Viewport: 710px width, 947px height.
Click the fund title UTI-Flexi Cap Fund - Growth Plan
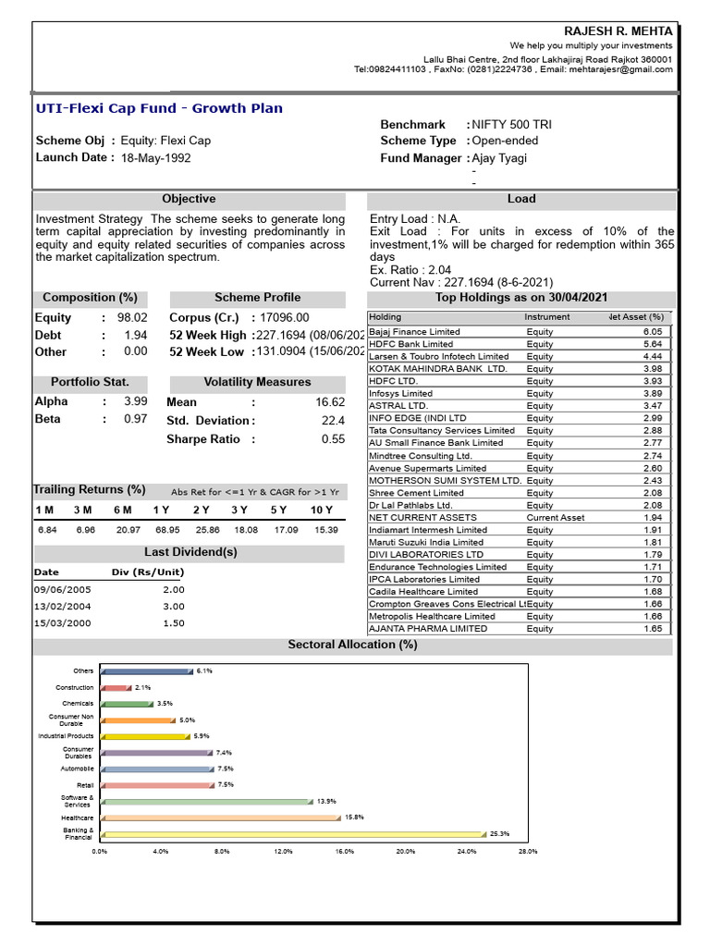159,108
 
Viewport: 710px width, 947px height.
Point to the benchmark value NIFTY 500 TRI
513,124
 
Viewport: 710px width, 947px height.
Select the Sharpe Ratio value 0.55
333,439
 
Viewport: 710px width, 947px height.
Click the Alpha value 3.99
135,401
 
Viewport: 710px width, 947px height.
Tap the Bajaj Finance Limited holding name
414,331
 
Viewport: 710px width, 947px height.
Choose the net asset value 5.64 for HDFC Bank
653,344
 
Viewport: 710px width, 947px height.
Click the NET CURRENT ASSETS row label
422,518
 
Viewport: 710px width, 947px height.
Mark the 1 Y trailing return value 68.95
167,530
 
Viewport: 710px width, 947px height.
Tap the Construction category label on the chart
75,687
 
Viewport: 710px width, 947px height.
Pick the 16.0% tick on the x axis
344,852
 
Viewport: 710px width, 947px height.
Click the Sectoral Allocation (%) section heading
352,645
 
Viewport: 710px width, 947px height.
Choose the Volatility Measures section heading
257,382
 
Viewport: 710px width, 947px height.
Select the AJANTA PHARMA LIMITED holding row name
428,629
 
